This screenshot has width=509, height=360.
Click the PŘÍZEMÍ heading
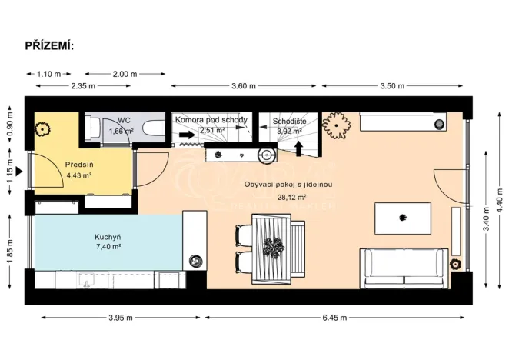pyautogui.click(x=49, y=46)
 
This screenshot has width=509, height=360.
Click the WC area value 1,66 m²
pyautogui.click(x=121, y=131)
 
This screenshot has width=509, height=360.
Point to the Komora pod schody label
pyautogui.click(x=211, y=120)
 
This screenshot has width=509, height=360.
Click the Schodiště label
pyautogui.click(x=291, y=120)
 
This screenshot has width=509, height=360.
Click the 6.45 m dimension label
pyautogui.click(x=331, y=318)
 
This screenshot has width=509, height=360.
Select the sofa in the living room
pyautogui.click(x=404, y=264)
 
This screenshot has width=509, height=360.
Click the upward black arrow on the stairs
pyautogui.click(x=300, y=145)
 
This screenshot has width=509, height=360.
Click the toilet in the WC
pyautogui.click(x=94, y=128)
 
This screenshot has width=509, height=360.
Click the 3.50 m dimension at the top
pyautogui.click(x=391, y=86)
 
